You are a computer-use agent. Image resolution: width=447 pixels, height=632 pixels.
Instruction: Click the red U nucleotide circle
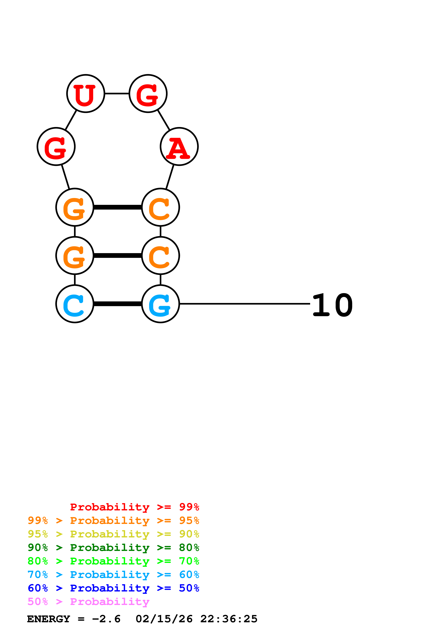click(86, 94)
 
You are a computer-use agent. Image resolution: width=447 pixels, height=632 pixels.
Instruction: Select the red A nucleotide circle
click(179, 146)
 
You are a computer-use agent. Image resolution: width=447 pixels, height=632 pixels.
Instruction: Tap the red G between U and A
click(148, 94)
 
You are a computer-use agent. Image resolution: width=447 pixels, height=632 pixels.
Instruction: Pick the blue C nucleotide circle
click(75, 304)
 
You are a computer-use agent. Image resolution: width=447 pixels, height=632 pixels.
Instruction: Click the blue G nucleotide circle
click(160, 304)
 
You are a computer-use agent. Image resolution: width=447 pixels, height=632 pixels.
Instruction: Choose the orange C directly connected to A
click(160, 207)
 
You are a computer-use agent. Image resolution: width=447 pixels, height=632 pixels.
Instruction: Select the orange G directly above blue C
click(75, 255)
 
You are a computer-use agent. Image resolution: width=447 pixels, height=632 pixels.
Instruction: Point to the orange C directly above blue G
click(160, 255)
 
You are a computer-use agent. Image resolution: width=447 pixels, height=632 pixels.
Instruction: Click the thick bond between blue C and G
click(118, 304)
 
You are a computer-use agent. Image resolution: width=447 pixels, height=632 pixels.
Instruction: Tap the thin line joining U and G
click(117, 94)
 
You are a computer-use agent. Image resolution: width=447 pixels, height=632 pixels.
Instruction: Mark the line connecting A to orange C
click(170, 177)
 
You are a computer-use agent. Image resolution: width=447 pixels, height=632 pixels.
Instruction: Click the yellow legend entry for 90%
click(113, 534)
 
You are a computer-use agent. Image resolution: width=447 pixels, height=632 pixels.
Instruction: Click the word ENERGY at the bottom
click(49, 619)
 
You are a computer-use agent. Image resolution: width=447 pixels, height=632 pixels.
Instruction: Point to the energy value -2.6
click(106, 619)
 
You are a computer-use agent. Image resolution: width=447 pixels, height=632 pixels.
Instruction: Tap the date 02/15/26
click(164, 619)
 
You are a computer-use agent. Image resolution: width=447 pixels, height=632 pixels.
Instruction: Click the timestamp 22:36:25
click(229, 619)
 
